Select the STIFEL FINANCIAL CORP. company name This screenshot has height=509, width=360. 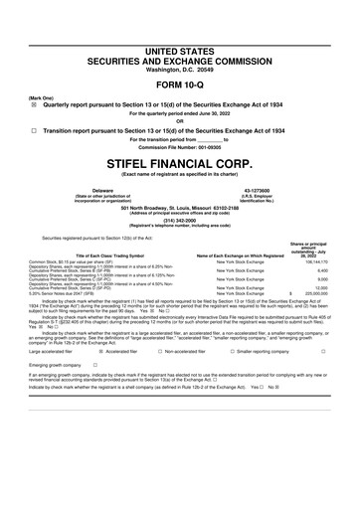pos(180,158)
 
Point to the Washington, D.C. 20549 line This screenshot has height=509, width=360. pos(180,42)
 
